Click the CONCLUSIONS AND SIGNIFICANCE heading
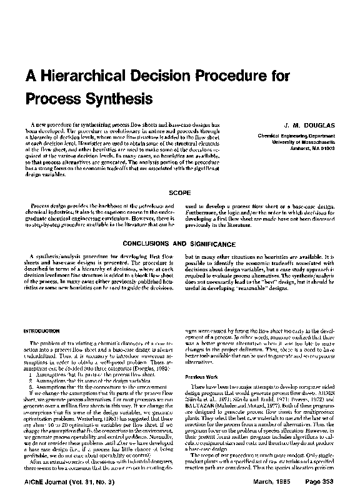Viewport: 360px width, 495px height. coord(179,244)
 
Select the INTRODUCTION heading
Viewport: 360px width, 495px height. coord(41,331)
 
